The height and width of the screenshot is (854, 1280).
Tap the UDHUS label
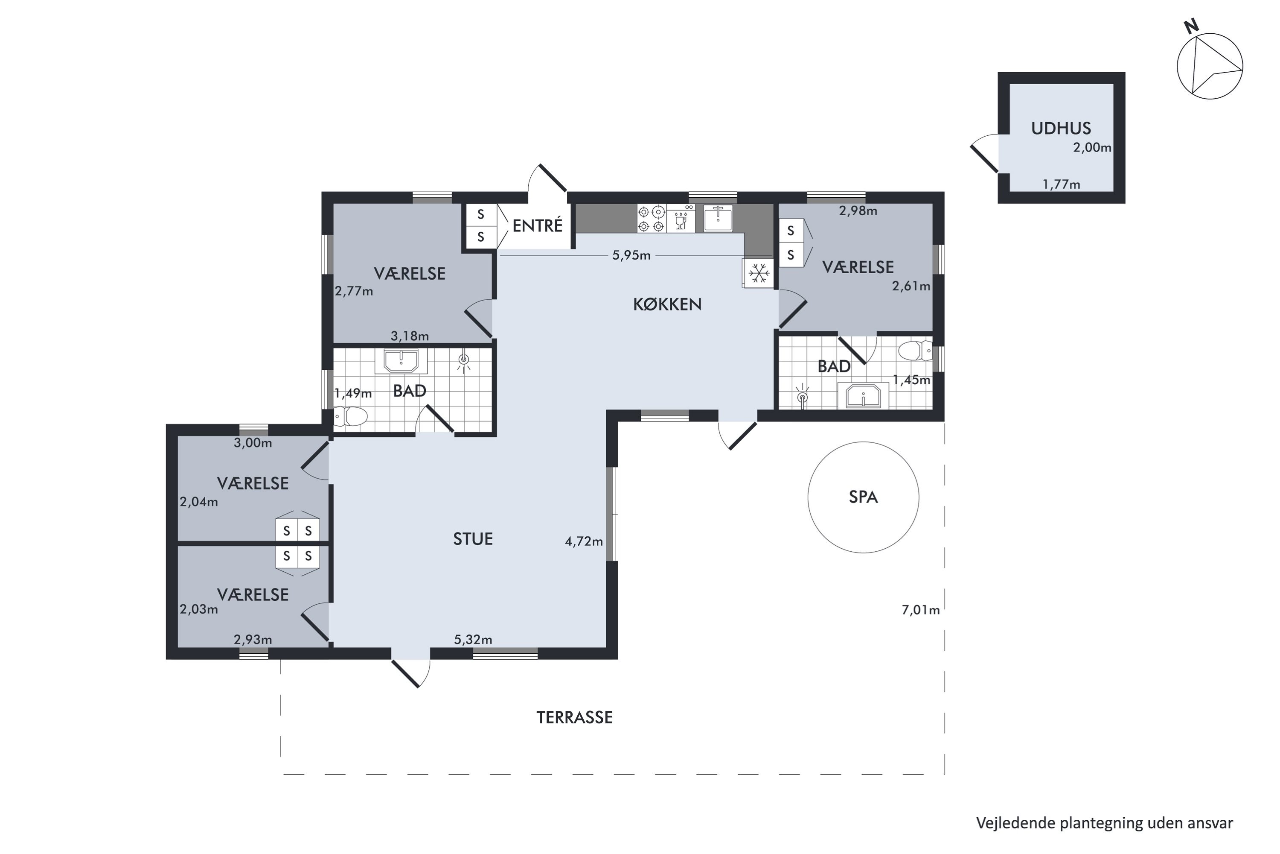click(x=1061, y=129)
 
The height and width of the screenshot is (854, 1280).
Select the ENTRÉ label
click(x=537, y=225)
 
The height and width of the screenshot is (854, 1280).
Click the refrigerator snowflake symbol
click(x=759, y=273)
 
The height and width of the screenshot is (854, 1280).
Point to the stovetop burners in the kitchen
click(x=652, y=218)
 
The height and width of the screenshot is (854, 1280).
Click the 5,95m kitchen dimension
click(x=631, y=255)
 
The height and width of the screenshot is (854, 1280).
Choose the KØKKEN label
click(x=667, y=304)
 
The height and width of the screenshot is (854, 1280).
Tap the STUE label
click(x=473, y=539)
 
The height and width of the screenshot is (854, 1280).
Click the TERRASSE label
click(x=575, y=718)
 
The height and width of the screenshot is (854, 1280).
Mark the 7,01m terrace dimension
click(x=921, y=610)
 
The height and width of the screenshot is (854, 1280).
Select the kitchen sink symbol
click(x=718, y=218)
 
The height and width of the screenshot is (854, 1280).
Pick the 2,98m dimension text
click(x=858, y=211)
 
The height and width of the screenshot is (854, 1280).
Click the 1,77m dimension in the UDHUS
click(x=1061, y=184)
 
